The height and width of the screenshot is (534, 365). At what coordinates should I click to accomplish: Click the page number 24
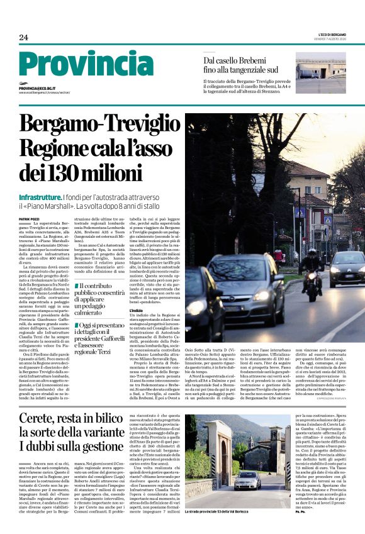click(x=24, y=38)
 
